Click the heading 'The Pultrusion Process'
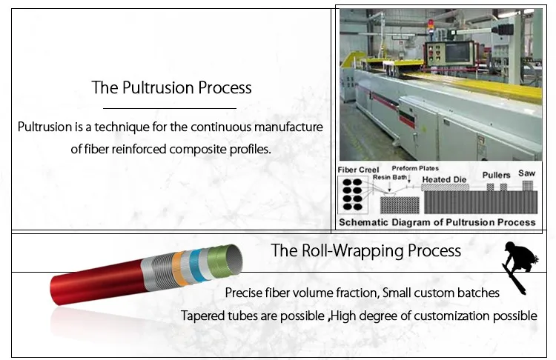click(x=171, y=87)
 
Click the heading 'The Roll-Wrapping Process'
click(x=366, y=250)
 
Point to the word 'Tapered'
click(x=203, y=316)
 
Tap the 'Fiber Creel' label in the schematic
click(x=358, y=170)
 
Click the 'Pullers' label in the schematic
click(x=496, y=175)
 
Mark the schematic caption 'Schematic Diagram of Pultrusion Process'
click(x=437, y=221)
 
